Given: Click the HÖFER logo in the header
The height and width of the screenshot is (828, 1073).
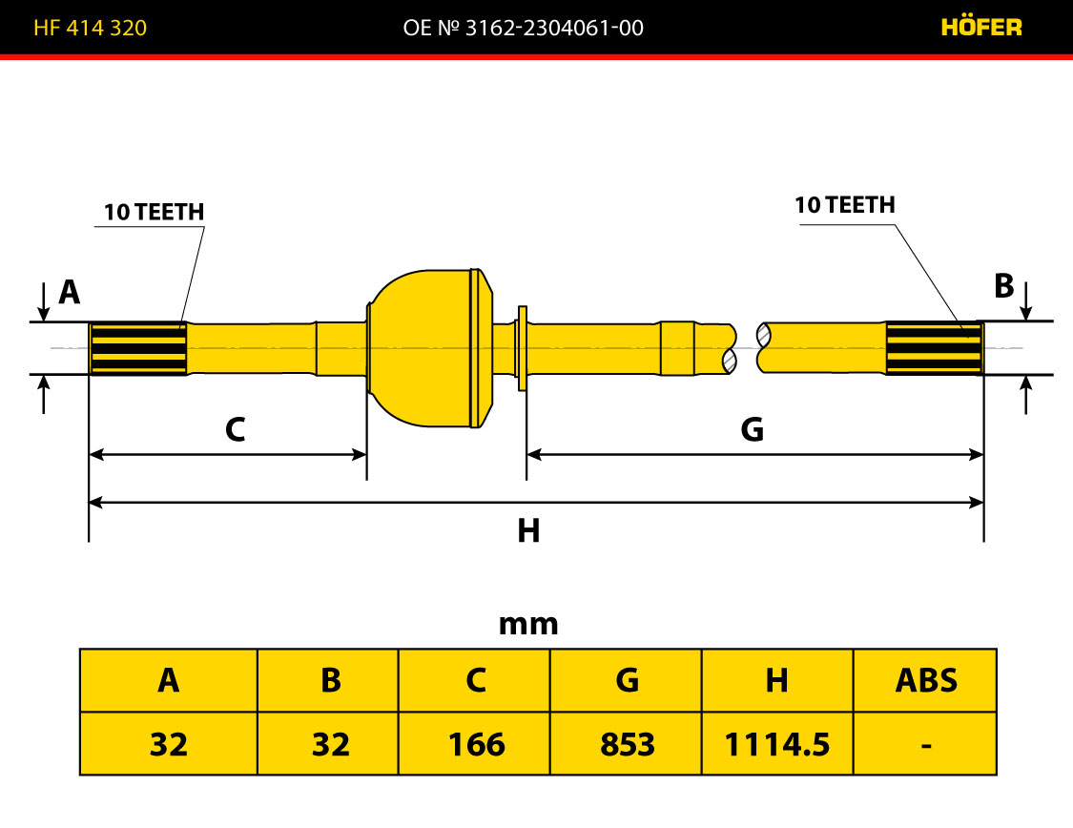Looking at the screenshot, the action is click(x=981, y=28).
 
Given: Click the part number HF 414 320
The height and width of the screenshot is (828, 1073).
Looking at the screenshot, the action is click(x=91, y=28).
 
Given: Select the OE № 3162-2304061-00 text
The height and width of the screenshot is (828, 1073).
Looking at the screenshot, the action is click(x=524, y=28).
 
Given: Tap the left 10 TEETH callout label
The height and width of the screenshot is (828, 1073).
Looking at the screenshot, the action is click(x=154, y=212).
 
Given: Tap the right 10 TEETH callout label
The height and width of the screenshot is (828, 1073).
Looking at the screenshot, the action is click(x=845, y=204).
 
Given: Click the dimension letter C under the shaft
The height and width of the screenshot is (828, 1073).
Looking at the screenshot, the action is click(x=236, y=429).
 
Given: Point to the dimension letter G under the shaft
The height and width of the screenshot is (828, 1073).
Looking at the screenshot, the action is click(x=753, y=429).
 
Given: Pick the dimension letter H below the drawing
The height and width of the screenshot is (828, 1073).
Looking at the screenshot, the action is click(x=528, y=531).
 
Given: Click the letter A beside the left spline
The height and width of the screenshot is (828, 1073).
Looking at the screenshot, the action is click(x=69, y=292).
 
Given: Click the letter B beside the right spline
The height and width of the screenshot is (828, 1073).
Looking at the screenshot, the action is click(x=1004, y=286).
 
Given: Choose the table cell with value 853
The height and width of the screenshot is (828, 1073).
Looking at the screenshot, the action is click(x=626, y=743).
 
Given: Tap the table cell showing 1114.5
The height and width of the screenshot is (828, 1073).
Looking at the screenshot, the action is click(x=777, y=743).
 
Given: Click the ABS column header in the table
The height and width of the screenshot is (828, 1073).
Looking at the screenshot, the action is click(x=925, y=681).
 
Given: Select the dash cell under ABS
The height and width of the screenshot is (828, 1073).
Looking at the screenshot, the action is click(x=925, y=743).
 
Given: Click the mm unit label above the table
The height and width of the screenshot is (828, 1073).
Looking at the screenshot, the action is click(x=528, y=624).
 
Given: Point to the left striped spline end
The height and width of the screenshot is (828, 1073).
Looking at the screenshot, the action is click(x=138, y=348).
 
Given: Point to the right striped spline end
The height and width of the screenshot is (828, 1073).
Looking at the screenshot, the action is click(x=935, y=347).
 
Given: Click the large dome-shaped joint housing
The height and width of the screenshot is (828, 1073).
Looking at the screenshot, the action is click(x=431, y=348).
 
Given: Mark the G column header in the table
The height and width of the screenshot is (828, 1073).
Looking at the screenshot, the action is click(x=626, y=681).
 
